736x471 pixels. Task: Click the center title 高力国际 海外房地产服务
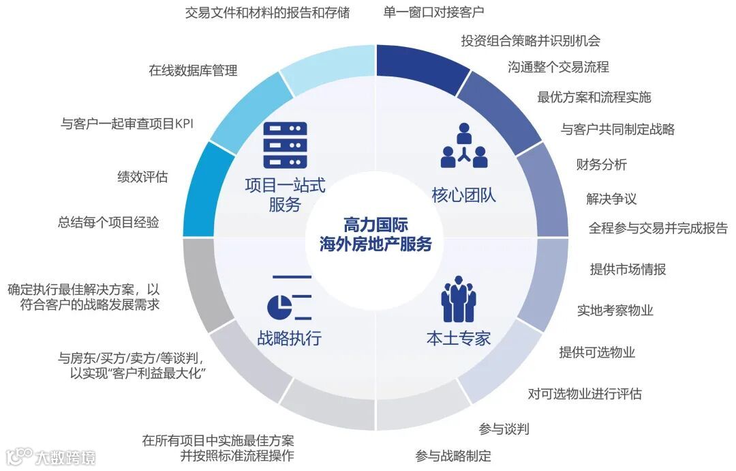(375, 235)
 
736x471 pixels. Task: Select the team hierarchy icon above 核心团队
(464, 146)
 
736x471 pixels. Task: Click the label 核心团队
(464, 196)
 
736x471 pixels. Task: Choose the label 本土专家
(458, 338)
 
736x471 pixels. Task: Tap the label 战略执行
(290, 338)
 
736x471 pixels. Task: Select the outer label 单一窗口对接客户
(434, 12)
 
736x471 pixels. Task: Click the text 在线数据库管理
(193, 70)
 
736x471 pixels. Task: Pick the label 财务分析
(602, 164)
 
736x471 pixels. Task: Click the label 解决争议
(611, 199)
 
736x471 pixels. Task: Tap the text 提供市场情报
(628, 269)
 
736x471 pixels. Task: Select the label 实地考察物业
(615, 311)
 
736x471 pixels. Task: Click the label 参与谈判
(504, 429)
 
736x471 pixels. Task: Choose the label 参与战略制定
(453, 456)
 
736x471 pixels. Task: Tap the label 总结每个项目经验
(109, 223)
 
